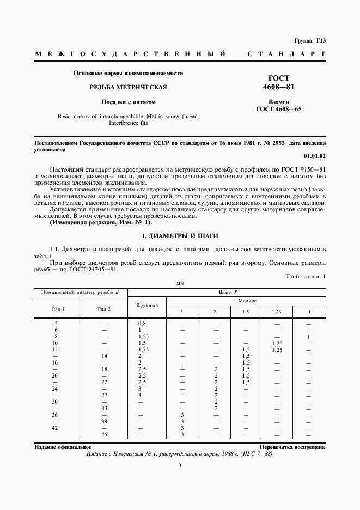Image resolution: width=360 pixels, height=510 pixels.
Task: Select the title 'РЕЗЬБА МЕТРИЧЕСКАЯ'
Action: pyautogui.click(x=128, y=87)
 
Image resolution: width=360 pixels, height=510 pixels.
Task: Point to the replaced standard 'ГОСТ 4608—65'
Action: pyautogui.click(x=279, y=109)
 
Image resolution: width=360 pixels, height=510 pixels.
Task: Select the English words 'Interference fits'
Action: pyautogui.click(x=129, y=123)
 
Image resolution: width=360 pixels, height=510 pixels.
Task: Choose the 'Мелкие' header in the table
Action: pyautogui.click(x=247, y=301)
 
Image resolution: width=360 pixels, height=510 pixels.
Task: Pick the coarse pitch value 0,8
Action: pyautogui.click(x=143, y=323)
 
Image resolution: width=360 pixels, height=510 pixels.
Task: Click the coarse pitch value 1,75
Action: pyautogui.click(x=144, y=349)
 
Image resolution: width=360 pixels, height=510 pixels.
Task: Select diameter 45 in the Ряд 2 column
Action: pyautogui.click(x=104, y=434)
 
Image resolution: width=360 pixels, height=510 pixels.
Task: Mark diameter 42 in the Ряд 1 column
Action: pyautogui.click(x=55, y=428)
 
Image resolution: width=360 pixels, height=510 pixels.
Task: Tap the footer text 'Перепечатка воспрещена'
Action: pyautogui.click(x=292, y=447)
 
